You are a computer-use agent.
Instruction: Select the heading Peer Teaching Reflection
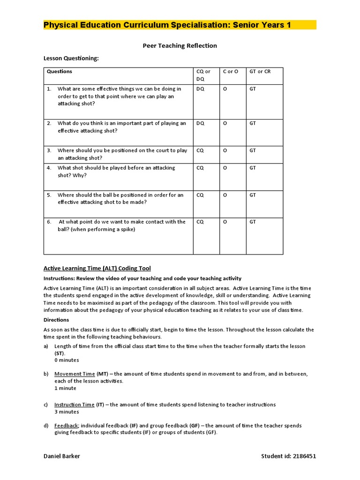pos(180,45)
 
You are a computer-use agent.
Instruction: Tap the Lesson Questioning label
pos(71,58)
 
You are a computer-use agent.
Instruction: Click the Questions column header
pos(60,72)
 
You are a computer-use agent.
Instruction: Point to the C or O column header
pos(230,72)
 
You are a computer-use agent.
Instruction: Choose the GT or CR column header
pos(260,72)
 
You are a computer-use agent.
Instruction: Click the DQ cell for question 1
pos(200,89)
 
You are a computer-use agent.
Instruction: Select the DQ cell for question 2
pos(200,123)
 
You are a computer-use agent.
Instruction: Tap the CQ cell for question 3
pos(200,150)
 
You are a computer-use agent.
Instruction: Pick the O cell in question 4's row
pos(225,168)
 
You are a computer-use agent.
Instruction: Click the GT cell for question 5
pos(253,195)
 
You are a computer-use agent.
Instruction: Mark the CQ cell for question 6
pos(200,222)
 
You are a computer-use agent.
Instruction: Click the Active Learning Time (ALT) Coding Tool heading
pos(97,269)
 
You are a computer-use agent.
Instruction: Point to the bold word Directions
pos(56,320)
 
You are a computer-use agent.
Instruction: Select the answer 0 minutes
pos(67,360)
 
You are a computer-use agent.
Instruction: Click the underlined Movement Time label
pos(75,374)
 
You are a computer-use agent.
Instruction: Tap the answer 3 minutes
pos(67,412)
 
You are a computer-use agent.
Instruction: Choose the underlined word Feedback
pos(66,426)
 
